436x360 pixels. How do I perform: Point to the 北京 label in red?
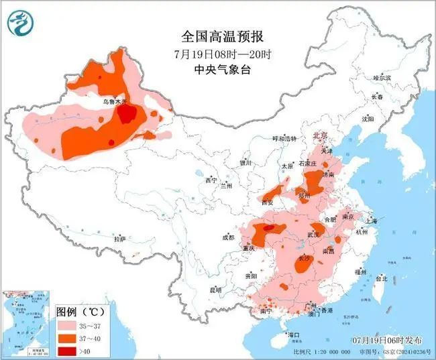coord(320,136)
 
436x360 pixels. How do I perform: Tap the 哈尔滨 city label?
coord(382,78)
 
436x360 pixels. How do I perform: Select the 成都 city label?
coord(229,237)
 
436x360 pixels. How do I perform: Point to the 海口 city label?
coord(292,334)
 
